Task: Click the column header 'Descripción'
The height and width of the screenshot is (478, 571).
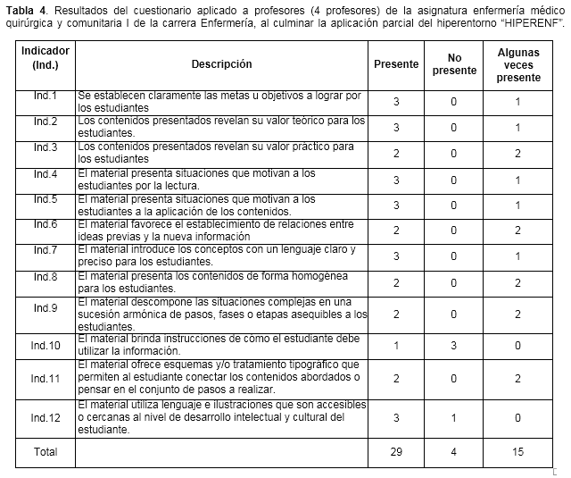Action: [x=221, y=64]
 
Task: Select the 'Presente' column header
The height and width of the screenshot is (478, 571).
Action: [x=396, y=64]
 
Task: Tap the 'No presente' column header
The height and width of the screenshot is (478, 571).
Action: [x=454, y=64]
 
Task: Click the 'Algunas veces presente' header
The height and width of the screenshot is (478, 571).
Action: [x=518, y=65]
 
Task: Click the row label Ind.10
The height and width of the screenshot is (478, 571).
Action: [x=46, y=345]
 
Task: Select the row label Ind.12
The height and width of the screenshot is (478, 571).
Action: [x=46, y=417]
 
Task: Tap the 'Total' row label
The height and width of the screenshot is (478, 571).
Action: [x=46, y=452]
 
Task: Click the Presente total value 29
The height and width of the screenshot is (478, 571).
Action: [x=396, y=452]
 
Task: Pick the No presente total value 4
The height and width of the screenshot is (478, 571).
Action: [x=454, y=452]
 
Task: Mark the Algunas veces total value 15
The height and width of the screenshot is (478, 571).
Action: [x=518, y=452]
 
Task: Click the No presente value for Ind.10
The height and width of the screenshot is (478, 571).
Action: [x=454, y=345]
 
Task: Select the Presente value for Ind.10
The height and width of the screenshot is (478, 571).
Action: [x=396, y=345]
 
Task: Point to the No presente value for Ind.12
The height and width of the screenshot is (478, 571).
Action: [x=454, y=417]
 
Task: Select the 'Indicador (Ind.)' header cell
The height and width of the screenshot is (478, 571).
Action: [x=46, y=58]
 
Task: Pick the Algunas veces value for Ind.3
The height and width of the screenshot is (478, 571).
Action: [x=518, y=153]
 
